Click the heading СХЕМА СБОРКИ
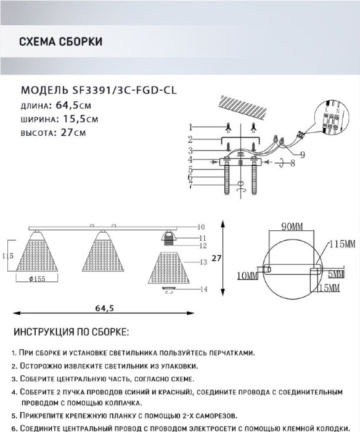(60, 41)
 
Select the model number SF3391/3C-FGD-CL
(124, 90)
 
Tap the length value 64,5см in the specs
(73, 106)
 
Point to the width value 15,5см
(81, 118)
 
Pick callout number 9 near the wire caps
(303, 154)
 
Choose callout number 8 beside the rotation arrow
(293, 163)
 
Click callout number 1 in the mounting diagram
(190, 127)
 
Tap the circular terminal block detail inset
(332, 118)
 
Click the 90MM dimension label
(292, 226)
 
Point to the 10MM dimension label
(248, 275)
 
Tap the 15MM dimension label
(329, 288)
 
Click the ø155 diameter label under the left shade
(37, 279)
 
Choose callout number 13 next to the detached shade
(203, 262)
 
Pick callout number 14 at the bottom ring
(203, 289)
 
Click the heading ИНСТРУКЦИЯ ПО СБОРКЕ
(72, 332)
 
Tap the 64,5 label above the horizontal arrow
(105, 308)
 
